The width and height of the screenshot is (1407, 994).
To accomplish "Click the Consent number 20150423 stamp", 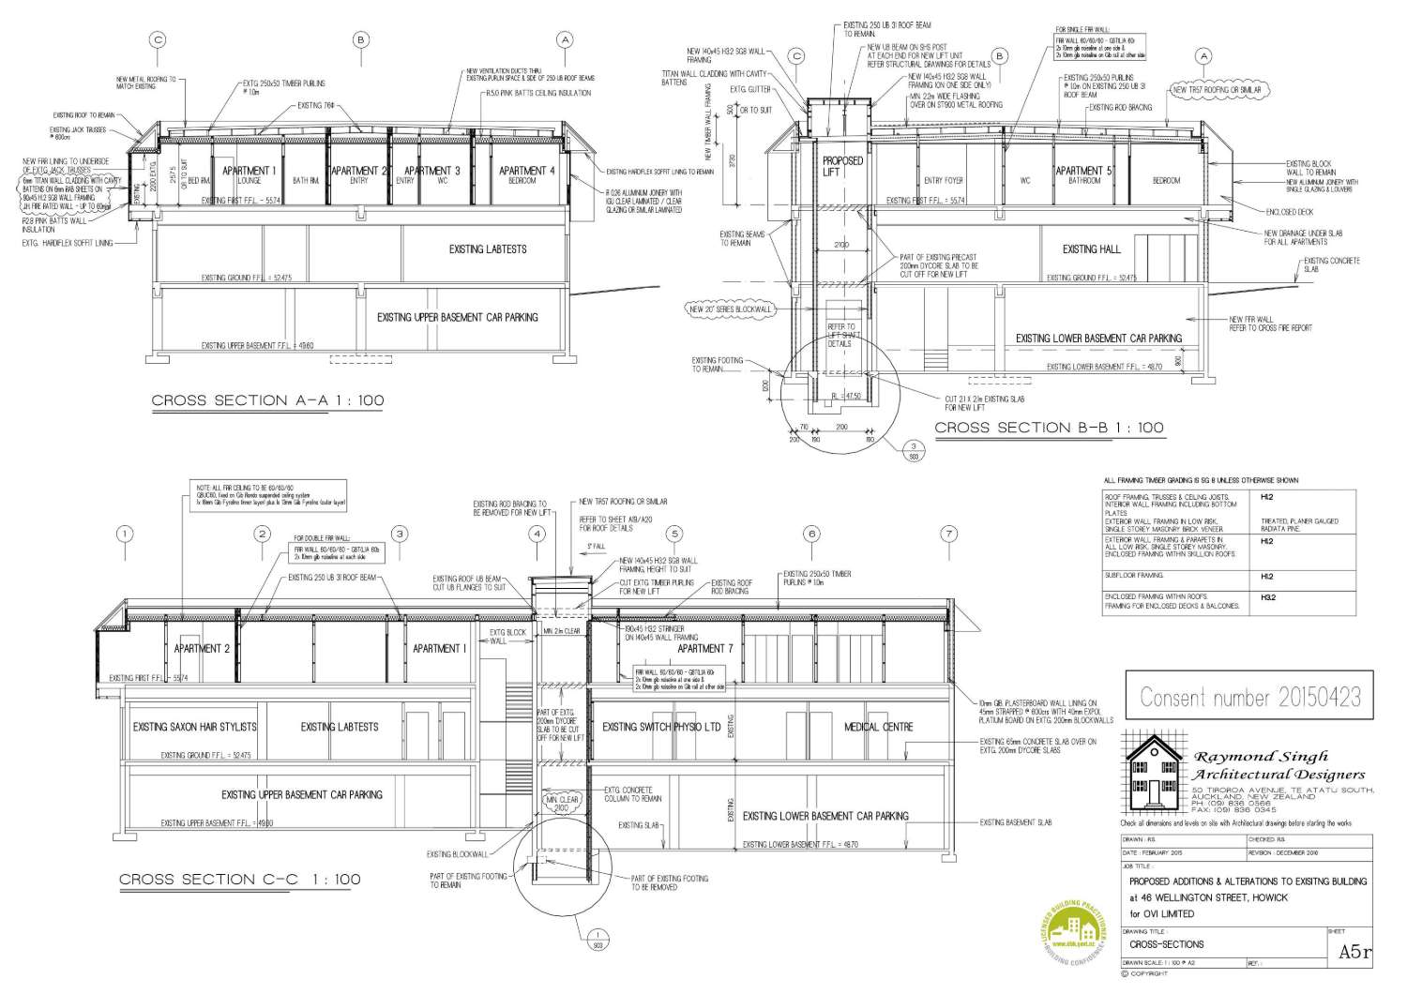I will coord(1249,698).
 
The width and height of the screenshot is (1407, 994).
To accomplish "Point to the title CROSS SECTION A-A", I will coord(267,400).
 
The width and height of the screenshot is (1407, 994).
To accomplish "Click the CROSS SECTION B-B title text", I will coord(1049,428).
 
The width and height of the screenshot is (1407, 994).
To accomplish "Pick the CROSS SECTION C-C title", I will coord(239,880).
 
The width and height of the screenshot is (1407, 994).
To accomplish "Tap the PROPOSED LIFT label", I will coord(842,166).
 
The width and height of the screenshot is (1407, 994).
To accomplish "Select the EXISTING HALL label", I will coord(1091,249).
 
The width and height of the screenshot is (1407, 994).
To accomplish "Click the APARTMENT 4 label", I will coord(526,171).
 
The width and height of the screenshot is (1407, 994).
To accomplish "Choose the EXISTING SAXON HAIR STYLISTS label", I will coord(194,727).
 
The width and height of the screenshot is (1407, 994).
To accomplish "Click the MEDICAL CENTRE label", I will coord(878,727).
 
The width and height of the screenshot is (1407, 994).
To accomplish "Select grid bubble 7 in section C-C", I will coord(949,534).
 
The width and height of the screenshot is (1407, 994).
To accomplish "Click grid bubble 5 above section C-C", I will coord(674,534).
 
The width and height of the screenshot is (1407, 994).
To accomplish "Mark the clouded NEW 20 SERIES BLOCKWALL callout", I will coord(730,309).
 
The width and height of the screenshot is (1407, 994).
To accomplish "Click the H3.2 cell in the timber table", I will coord(1268,596).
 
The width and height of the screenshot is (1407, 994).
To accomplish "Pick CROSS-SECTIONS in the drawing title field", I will coord(1166,944).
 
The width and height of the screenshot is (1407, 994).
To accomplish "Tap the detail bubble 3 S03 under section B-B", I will coord(911,450).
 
